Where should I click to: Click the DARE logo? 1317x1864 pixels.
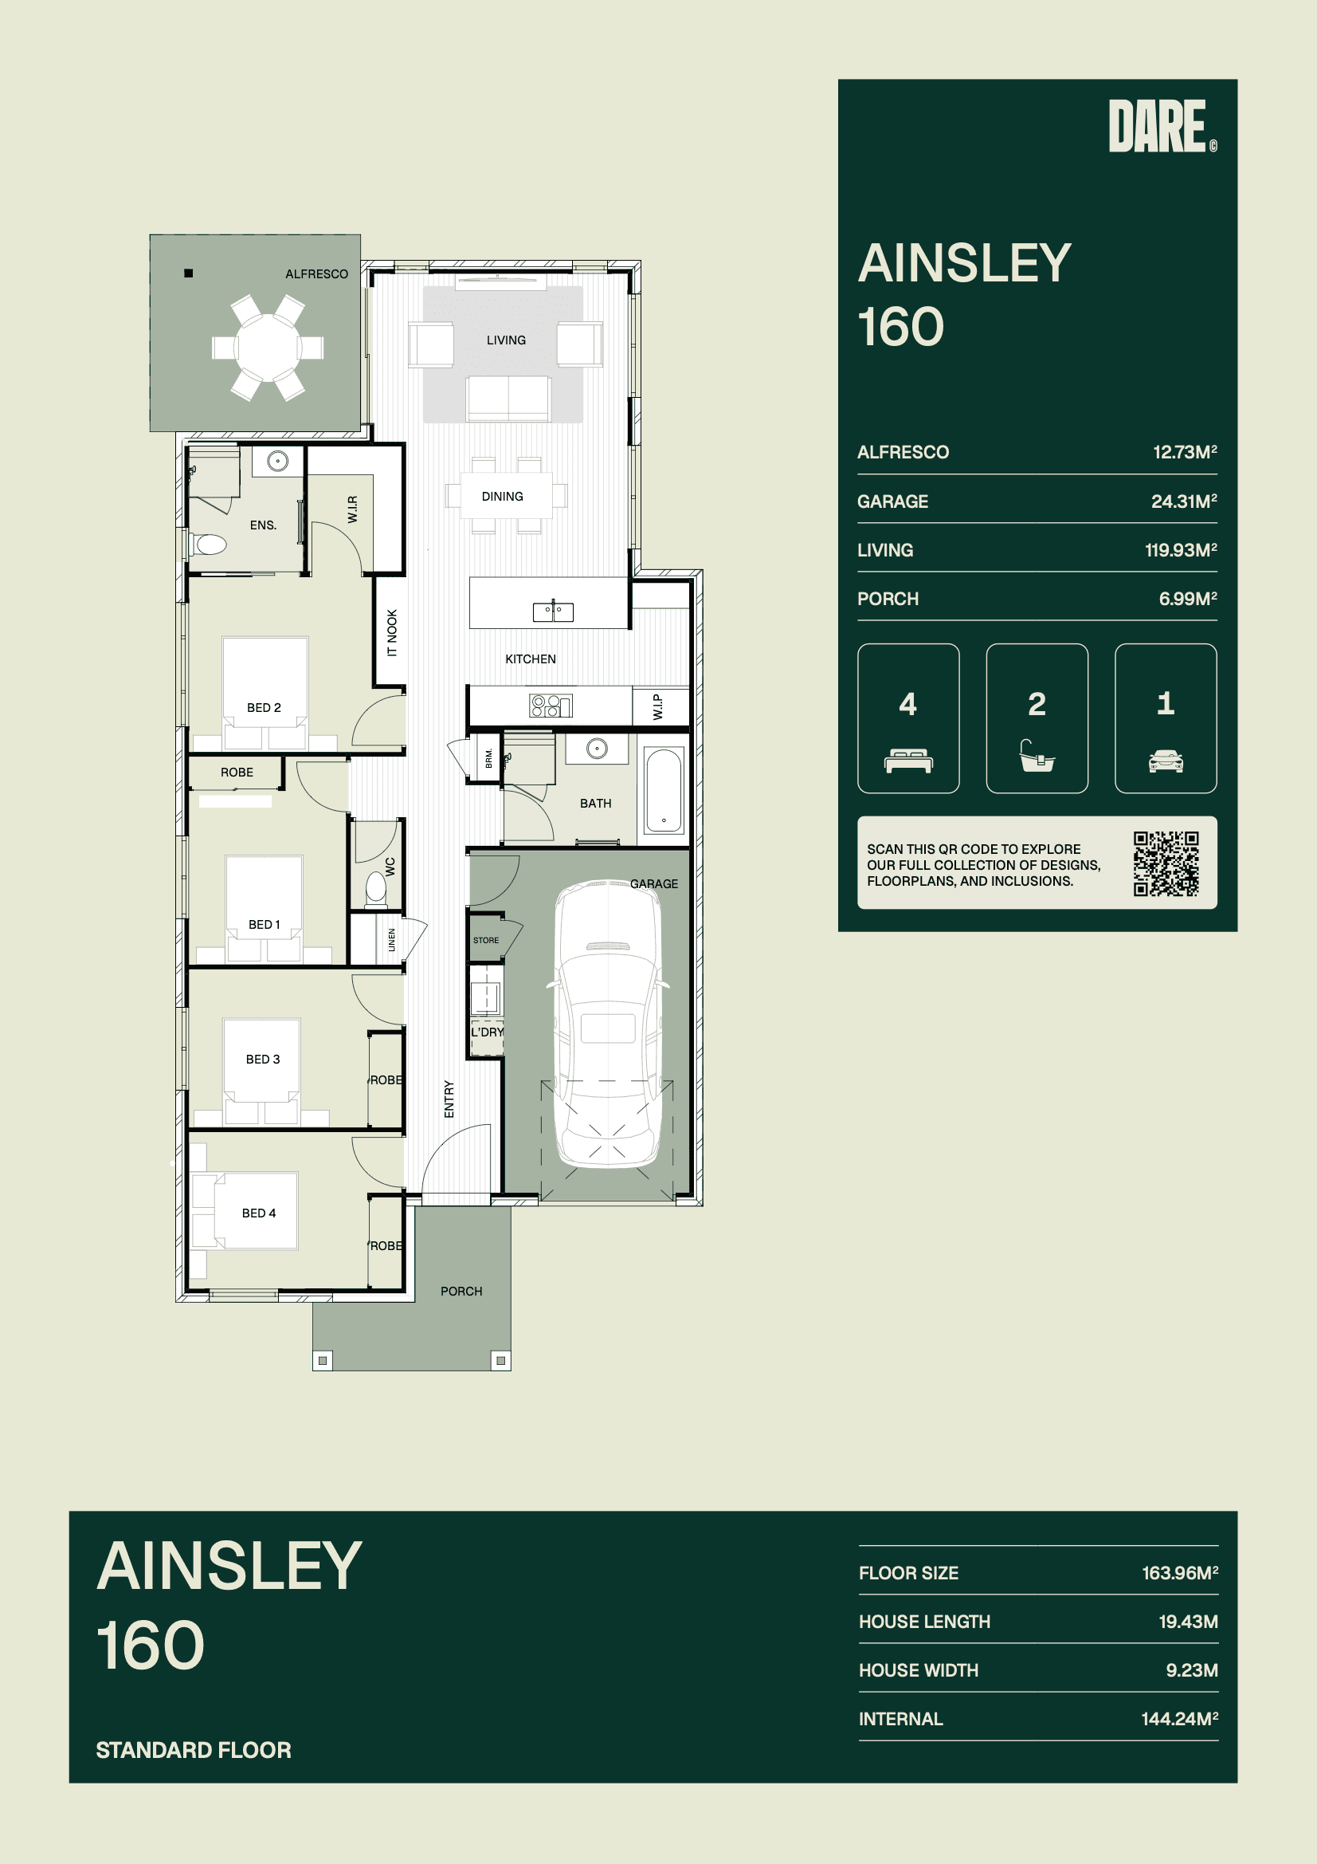click(x=1162, y=126)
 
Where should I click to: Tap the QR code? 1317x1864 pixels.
click(x=1166, y=863)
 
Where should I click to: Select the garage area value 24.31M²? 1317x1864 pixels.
click(x=1184, y=501)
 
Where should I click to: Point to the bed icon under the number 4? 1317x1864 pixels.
click(x=908, y=761)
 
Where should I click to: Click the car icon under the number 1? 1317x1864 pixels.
click(x=1166, y=761)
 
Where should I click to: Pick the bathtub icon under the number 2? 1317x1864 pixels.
click(x=1037, y=755)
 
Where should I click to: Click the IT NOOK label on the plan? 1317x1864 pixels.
click(x=392, y=632)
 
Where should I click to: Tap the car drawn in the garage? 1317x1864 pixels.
click(x=608, y=1024)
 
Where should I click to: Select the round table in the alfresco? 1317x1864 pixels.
click(x=268, y=348)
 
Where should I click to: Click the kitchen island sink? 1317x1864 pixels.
click(x=553, y=612)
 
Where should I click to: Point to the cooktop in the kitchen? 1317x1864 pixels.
click(x=551, y=706)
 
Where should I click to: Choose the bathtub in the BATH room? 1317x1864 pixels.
click(x=664, y=791)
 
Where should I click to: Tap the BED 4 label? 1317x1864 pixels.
click(x=259, y=1213)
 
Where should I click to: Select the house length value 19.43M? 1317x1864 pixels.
click(x=1188, y=1622)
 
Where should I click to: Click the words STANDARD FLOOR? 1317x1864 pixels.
click(x=193, y=1749)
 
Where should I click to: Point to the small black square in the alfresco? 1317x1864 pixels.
click(x=188, y=273)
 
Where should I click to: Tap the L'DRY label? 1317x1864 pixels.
click(x=487, y=1032)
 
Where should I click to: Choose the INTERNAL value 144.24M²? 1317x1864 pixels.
click(x=1180, y=1719)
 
